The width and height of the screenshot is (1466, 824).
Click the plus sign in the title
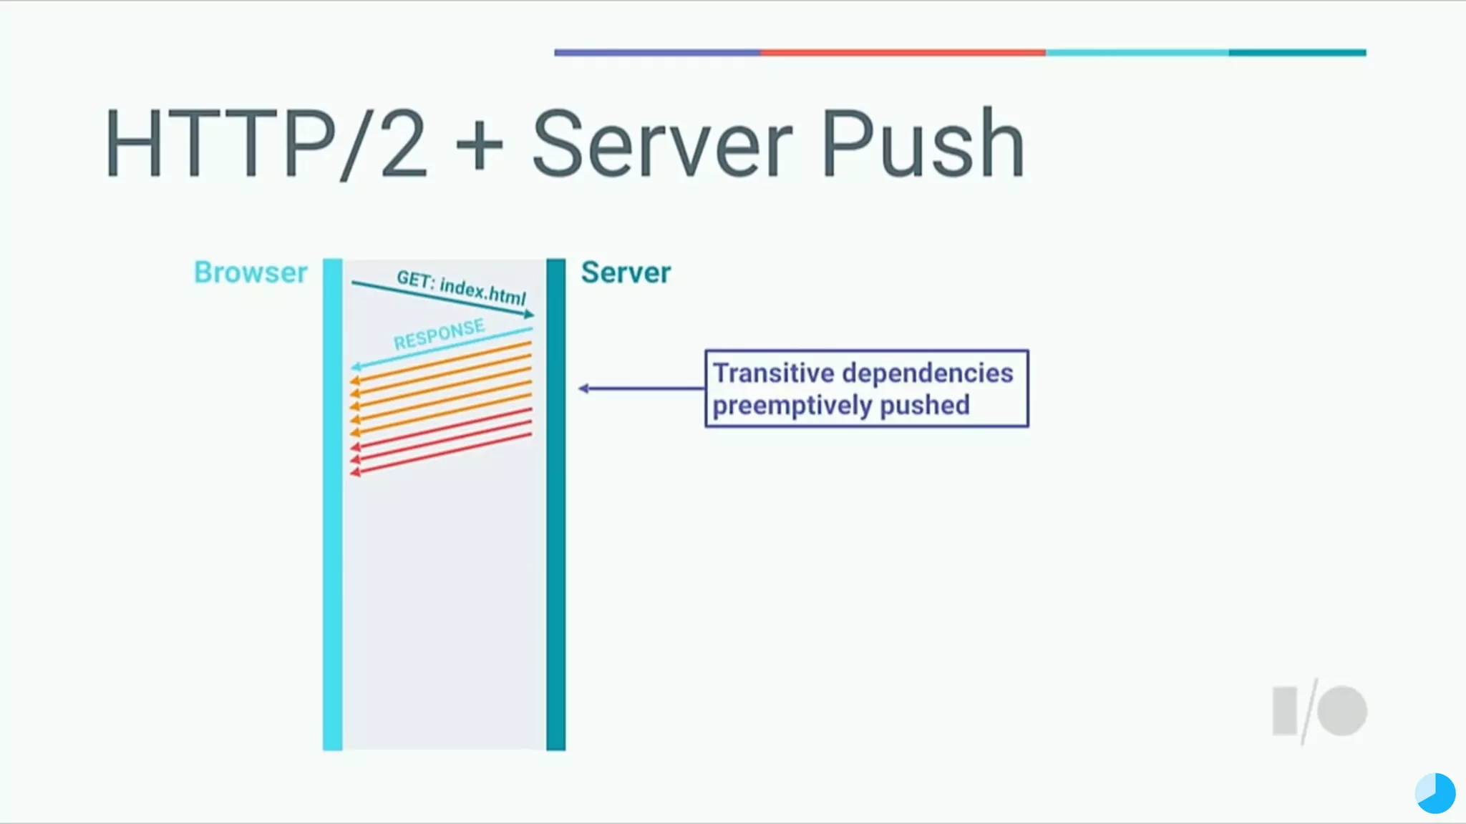pyautogui.click(x=479, y=145)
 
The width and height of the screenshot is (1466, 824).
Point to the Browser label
pyautogui.click(x=251, y=273)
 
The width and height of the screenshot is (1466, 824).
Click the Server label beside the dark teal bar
pyautogui.click(x=626, y=273)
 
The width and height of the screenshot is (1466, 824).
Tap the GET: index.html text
pyautogui.click(x=461, y=288)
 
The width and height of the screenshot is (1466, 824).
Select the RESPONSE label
pyautogui.click(x=439, y=334)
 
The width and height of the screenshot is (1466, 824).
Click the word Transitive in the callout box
pyautogui.click(x=773, y=373)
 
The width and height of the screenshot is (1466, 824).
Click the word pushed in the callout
pyautogui.click(x=924, y=406)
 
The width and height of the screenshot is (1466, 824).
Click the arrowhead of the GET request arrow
pyautogui.click(x=529, y=314)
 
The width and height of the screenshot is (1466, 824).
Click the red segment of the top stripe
pyautogui.click(x=902, y=52)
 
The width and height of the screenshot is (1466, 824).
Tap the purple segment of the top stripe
pyautogui.click(x=656, y=52)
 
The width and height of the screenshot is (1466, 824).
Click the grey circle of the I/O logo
pyautogui.click(x=1342, y=711)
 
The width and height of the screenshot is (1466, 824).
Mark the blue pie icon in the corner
pyautogui.click(x=1435, y=793)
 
